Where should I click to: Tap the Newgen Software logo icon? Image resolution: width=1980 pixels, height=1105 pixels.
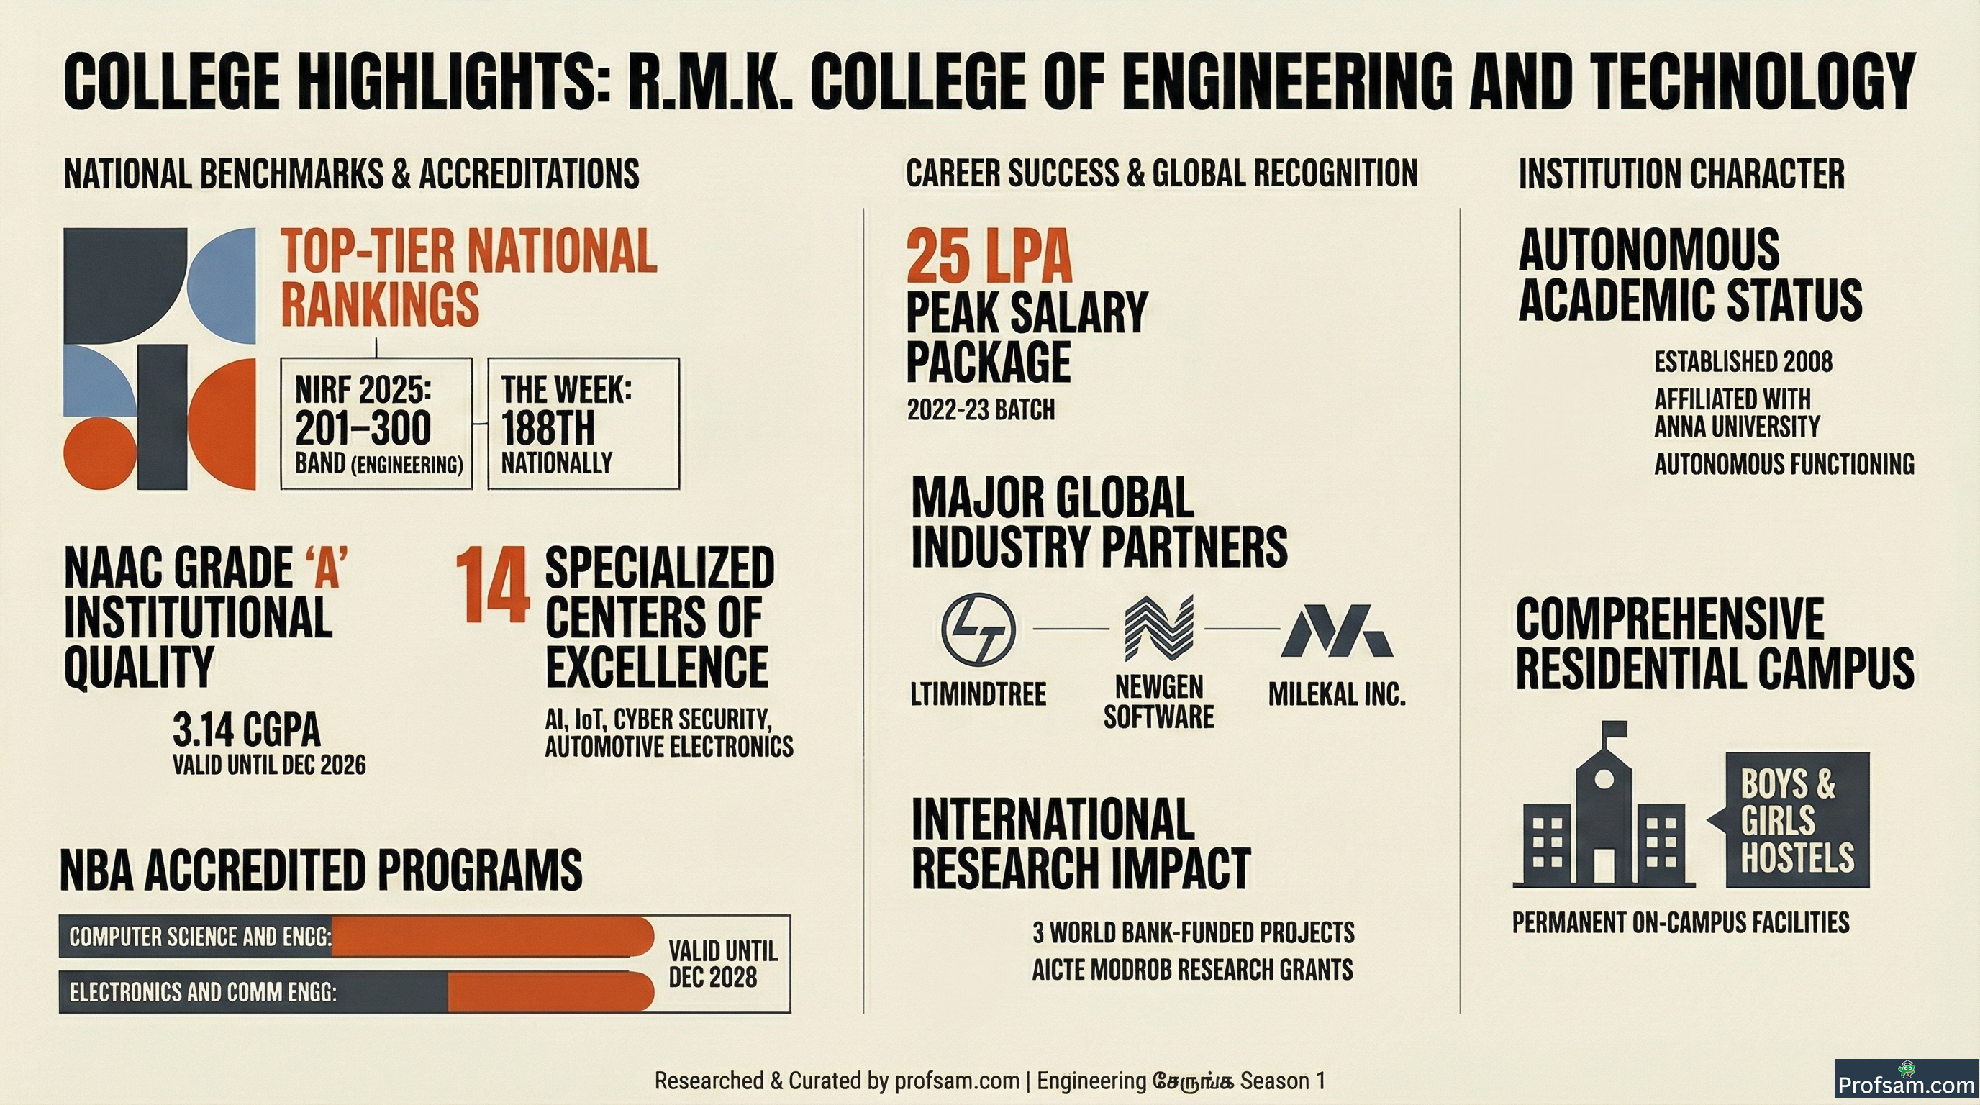(1158, 628)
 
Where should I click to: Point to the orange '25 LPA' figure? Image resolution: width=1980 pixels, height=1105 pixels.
(989, 257)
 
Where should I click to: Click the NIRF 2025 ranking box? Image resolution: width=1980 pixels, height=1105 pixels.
(376, 422)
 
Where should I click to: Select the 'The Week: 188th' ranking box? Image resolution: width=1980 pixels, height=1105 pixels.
(583, 422)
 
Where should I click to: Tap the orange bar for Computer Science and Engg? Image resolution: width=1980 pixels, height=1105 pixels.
(492, 936)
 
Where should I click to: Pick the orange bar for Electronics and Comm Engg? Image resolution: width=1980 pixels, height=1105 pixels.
(550, 991)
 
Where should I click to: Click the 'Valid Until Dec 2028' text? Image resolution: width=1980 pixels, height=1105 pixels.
(723, 963)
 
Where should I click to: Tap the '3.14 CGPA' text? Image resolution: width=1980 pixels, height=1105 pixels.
(246, 729)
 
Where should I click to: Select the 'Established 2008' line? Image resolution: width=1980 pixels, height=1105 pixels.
(1743, 362)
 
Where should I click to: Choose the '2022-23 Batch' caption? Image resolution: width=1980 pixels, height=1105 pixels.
(981, 409)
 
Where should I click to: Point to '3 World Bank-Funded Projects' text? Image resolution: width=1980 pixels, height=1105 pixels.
(1194, 932)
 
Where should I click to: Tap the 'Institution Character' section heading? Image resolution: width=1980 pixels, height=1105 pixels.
(1681, 173)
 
